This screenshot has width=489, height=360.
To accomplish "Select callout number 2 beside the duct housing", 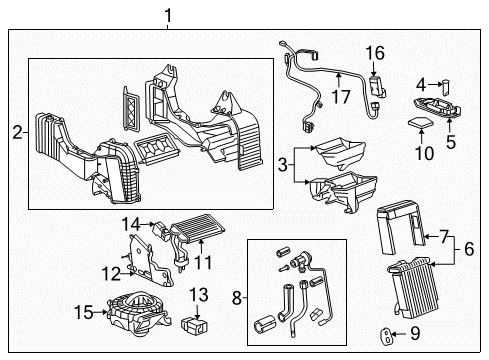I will tap(16, 131).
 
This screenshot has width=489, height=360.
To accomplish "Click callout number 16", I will tap(375, 53).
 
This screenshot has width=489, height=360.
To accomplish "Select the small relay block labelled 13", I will tap(196, 326).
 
